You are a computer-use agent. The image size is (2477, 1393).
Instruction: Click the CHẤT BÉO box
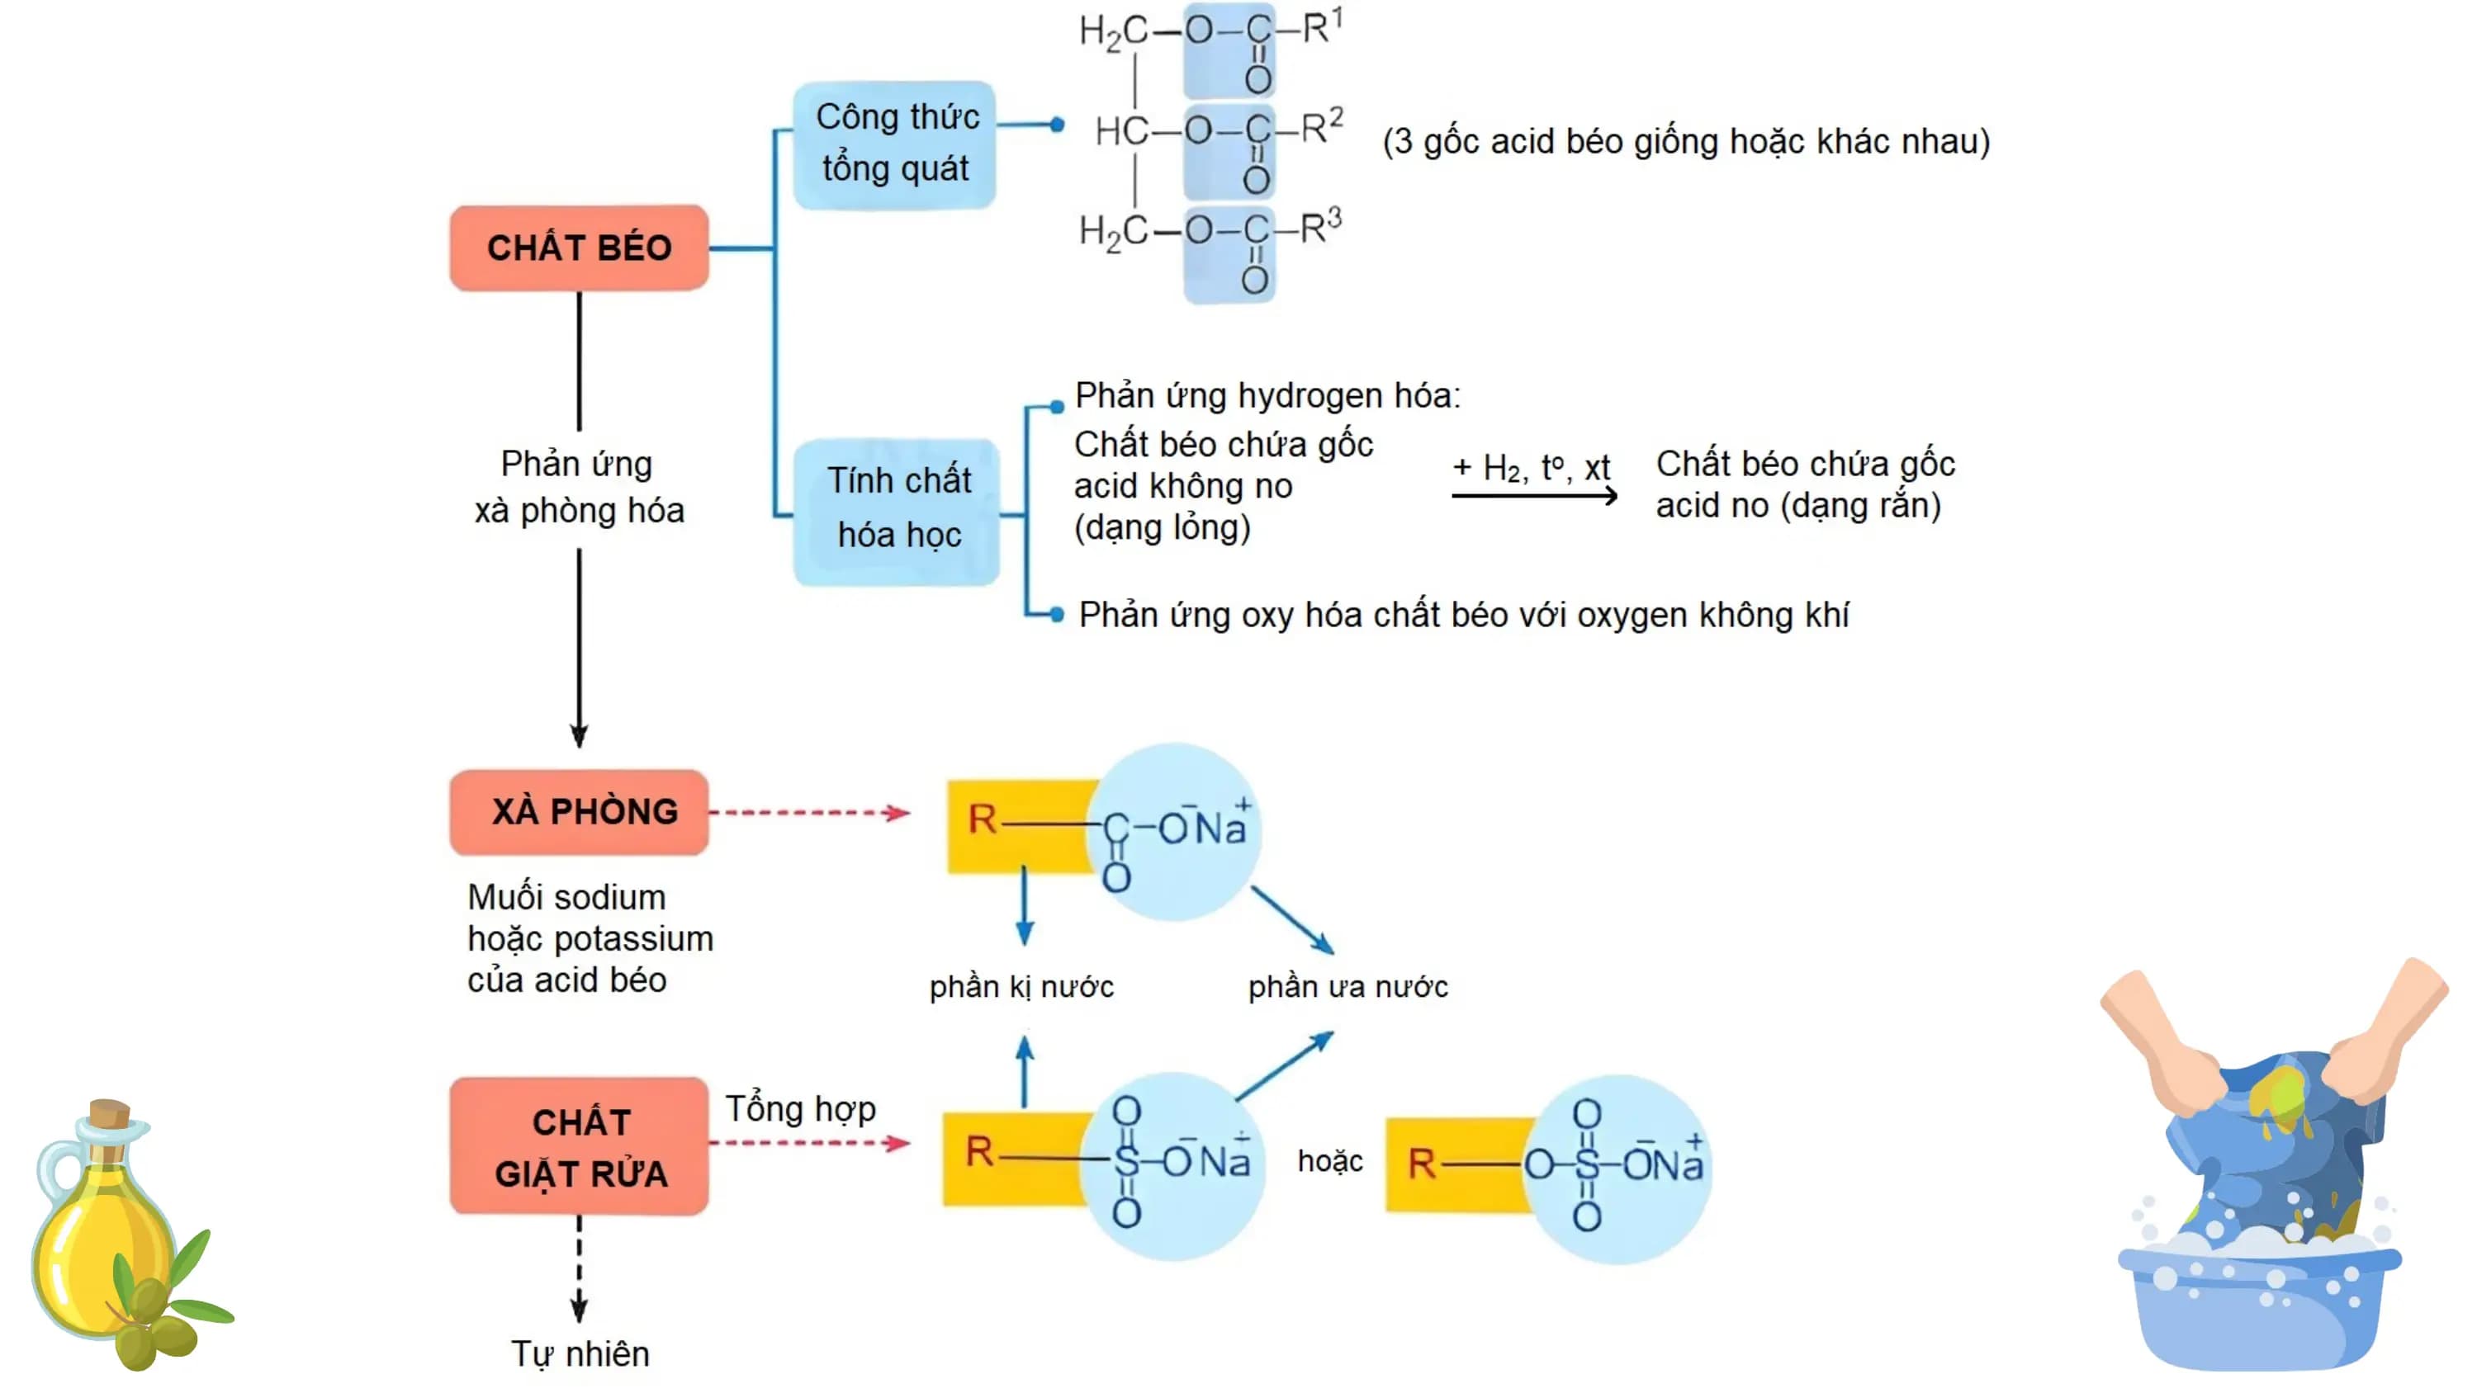pyautogui.click(x=579, y=247)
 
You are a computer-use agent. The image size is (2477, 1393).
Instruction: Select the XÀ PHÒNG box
pyautogui.click(x=579, y=811)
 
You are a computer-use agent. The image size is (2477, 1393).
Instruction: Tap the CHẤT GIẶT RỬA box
pyautogui.click(x=579, y=1146)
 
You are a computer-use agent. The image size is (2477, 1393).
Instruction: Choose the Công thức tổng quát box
pyautogui.click(x=894, y=144)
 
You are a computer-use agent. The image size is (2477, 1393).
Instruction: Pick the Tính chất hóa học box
pyautogui.click(x=897, y=512)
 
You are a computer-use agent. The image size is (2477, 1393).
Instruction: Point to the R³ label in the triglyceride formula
pyautogui.click(x=1320, y=227)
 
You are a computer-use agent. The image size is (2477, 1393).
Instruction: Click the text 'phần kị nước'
pyautogui.click(x=1021, y=987)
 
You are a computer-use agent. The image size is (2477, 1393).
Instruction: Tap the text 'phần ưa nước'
pyautogui.click(x=1348, y=987)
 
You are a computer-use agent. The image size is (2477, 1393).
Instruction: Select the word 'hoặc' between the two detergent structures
pyautogui.click(x=1330, y=1161)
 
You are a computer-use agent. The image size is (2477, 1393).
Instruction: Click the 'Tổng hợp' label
pyautogui.click(x=800, y=1109)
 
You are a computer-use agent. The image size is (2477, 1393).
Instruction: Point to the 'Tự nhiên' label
pyautogui.click(x=580, y=1353)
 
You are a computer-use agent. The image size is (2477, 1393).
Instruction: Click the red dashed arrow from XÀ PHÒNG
pyautogui.click(x=811, y=814)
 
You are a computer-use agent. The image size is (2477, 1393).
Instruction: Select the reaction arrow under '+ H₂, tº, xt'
pyautogui.click(x=1535, y=496)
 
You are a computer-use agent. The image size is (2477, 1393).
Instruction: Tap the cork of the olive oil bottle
pyautogui.click(x=109, y=1115)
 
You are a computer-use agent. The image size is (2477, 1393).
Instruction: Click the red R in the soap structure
pyautogui.click(x=982, y=820)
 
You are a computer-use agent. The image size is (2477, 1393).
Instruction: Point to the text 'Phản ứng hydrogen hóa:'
pyautogui.click(x=1267, y=395)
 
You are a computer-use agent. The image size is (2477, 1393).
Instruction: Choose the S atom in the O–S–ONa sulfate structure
pyautogui.click(x=1587, y=1165)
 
